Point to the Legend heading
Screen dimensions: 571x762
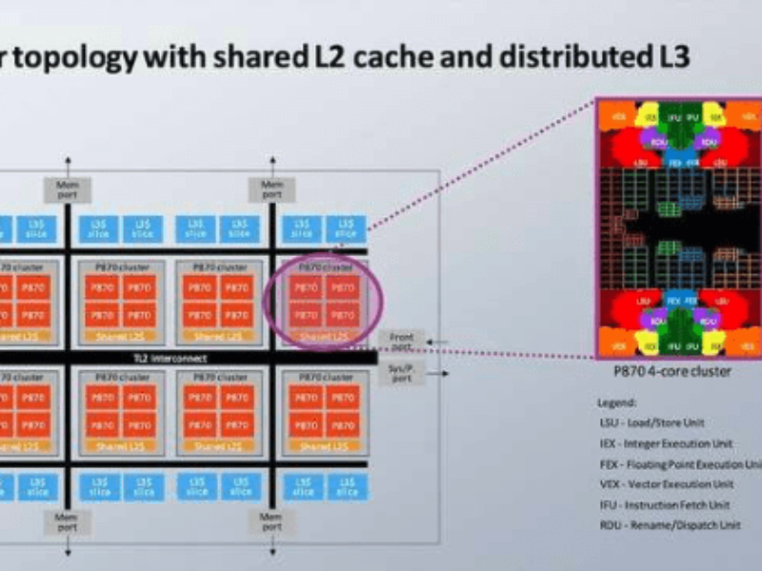point(617,403)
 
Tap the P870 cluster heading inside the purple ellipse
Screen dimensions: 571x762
point(322,267)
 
